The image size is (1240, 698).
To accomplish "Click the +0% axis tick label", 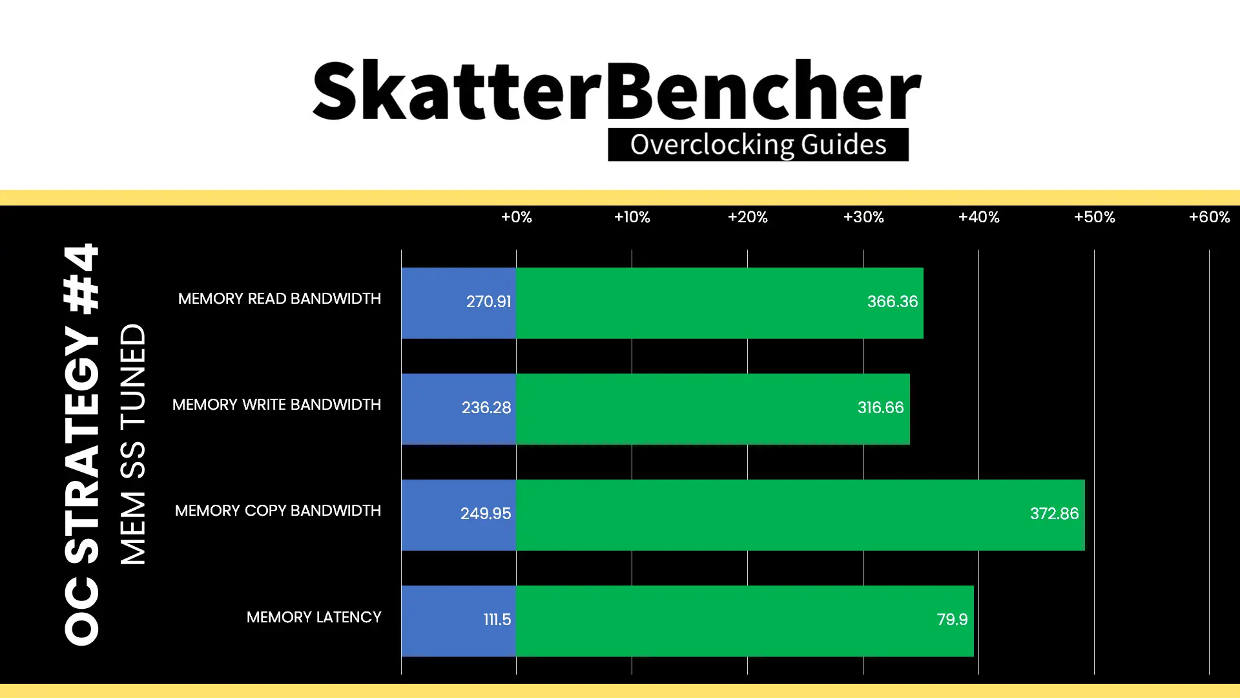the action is click(x=516, y=217).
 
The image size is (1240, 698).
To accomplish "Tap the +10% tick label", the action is click(x=632, y=217).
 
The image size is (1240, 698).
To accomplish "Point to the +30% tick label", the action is click(x=863, y=217).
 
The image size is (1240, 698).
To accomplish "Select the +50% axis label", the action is click(x=1094, y=217).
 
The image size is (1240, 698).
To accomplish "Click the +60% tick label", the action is click(x=1209, y=217).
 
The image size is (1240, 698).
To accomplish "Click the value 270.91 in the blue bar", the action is click(x=488, y=302).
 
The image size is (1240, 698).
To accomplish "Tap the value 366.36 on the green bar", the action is click(x=892, y=302).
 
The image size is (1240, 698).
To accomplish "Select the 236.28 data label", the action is click(x=486, y=408).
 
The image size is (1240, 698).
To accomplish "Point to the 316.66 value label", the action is click(x=880, y=408).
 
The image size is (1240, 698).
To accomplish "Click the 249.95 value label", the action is click(x=486, y=514).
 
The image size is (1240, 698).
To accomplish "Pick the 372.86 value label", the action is click(x=1054, y=514).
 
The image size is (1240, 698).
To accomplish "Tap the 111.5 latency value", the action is click(x=497, y=620).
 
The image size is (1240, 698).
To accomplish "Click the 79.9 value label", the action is click(x=952, y=620).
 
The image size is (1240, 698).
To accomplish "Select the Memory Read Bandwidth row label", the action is click(x=280, y=299).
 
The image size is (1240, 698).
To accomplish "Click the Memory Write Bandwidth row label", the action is click(x=276, y=405).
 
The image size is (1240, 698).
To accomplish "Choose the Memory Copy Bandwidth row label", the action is click(x=278, y=511).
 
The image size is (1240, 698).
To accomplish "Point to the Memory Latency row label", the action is click(x=314, y=617).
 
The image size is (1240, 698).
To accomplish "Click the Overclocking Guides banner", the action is click(x=758, y=145).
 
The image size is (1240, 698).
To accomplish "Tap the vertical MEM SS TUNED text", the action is click(x=134, y=444).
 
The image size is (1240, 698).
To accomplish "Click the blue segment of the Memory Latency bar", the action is click(x=459, y=621).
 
